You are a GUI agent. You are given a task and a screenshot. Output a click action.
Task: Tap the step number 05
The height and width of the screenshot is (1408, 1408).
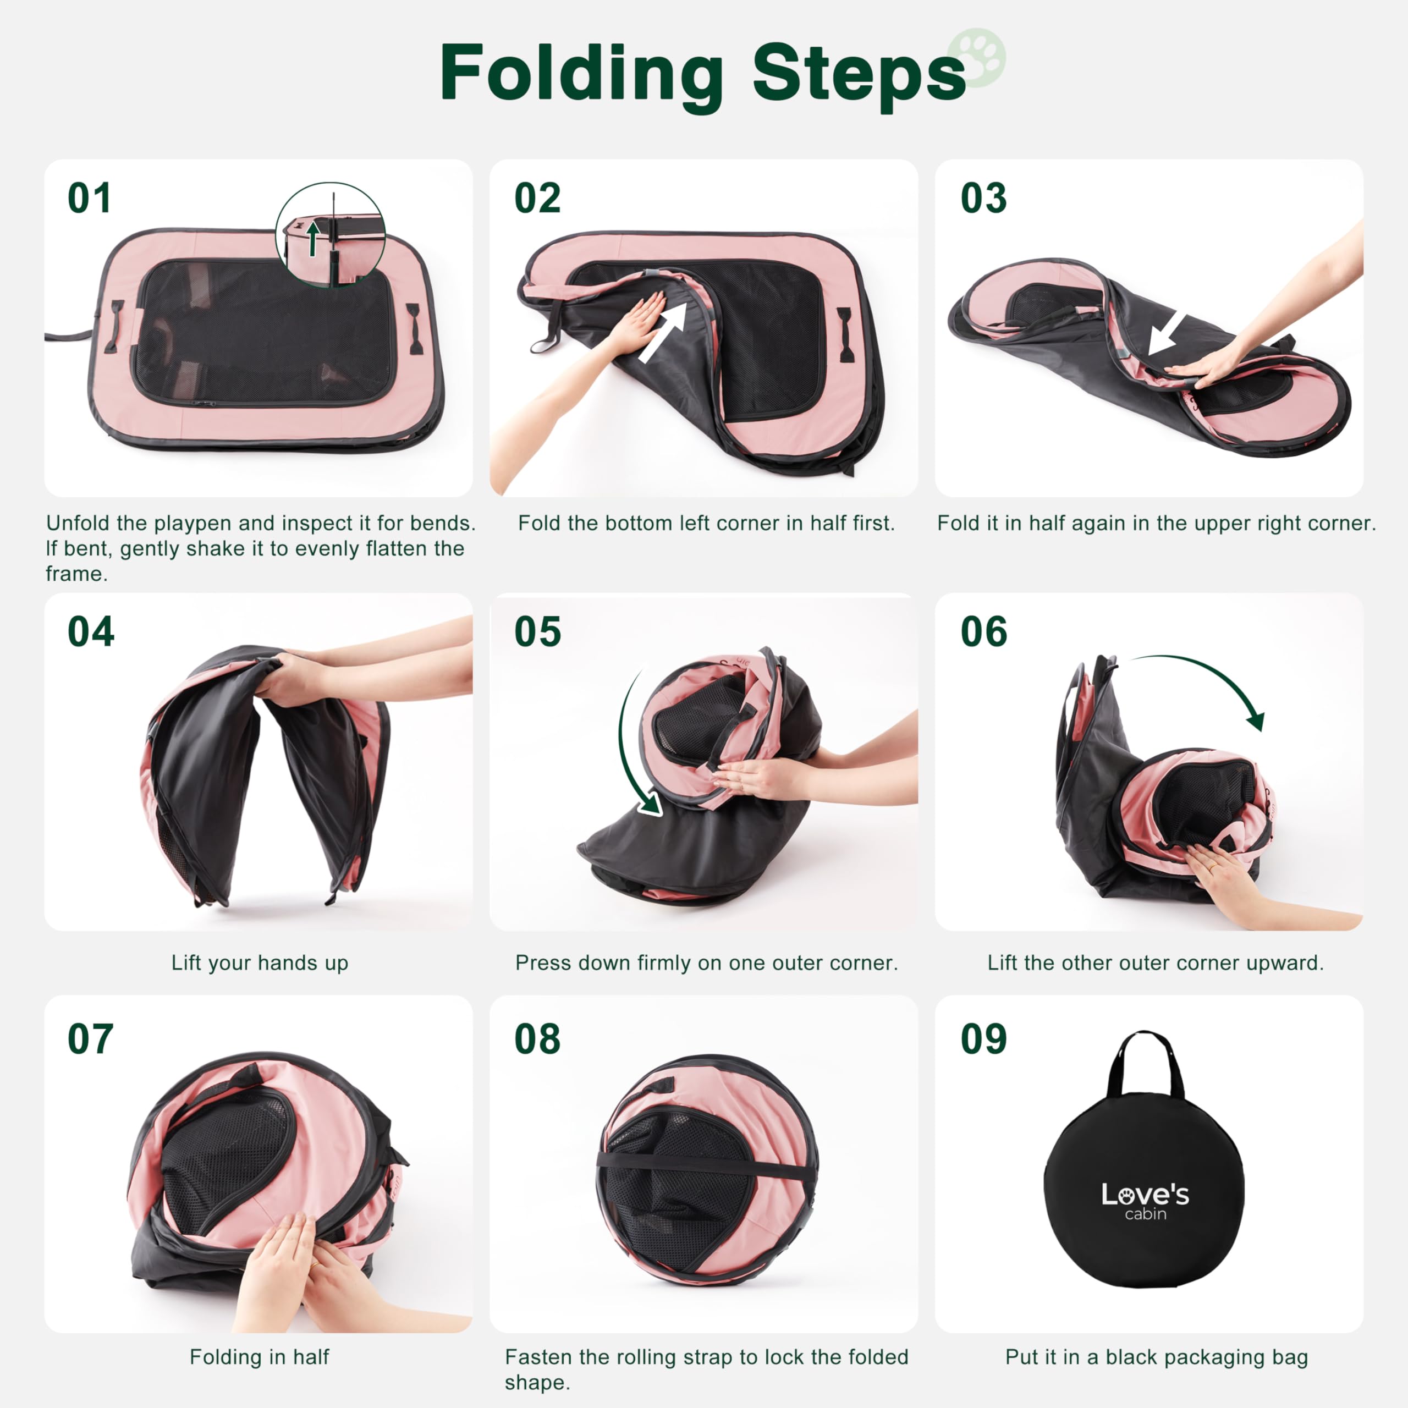[x=537, y=632]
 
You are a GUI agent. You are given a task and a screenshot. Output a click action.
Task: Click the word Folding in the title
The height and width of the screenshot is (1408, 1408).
[x=581, y=74]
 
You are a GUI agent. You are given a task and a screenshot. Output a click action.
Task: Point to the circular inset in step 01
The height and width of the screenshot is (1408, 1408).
[x=330, y=235]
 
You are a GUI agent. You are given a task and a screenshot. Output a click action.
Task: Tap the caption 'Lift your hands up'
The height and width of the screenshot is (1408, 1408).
[x=260, y=963]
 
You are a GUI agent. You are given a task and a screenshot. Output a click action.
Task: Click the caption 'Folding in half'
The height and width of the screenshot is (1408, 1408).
[x=260, y=1357]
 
